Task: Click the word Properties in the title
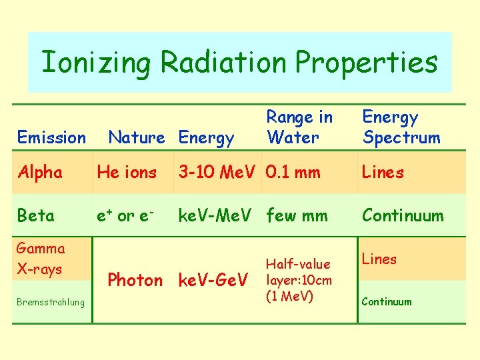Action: pos(366,63)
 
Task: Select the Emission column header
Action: pos(51,138)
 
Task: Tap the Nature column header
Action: pos(136,138)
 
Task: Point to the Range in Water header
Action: pos(299,127)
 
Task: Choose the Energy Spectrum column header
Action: pos(401,127)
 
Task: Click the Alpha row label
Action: pos(40,173)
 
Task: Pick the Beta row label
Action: pos(36,215)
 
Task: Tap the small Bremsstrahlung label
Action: pos(51,303)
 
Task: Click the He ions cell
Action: pos(127,173)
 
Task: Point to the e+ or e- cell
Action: pos(126,215)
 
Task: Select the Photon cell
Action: pos(135,280)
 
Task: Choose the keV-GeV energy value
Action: pos(214,280)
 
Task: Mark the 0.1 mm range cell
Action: pos(293,173)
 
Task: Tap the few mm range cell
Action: pos(297,215)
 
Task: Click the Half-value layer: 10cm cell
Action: pos(299,280)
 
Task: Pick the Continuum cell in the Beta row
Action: pos(402,215)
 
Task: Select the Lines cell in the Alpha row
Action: pos(383,173)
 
